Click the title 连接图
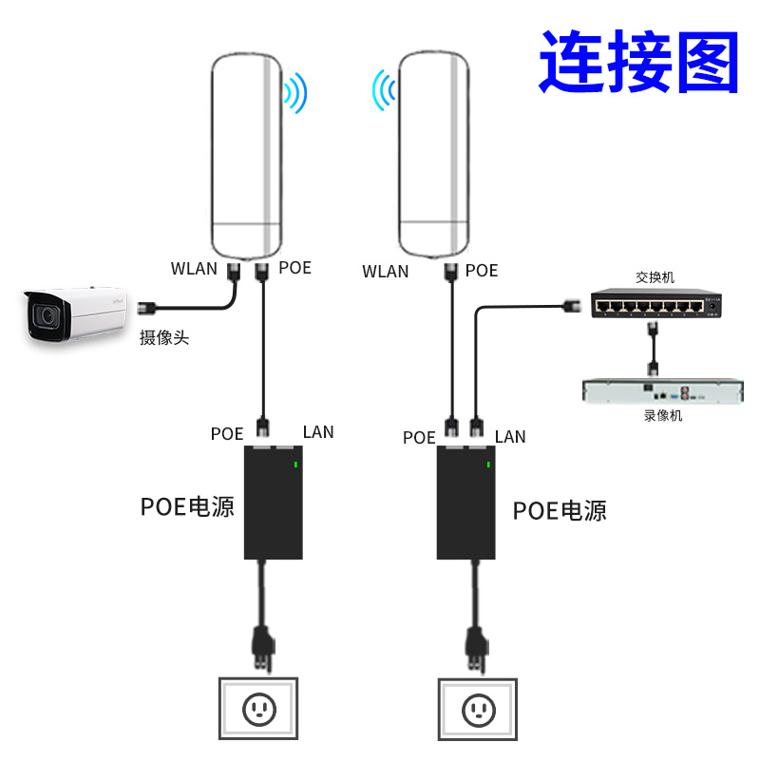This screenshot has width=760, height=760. (639, 61)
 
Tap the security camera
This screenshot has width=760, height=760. (75, 314)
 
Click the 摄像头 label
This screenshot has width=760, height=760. (164, 337)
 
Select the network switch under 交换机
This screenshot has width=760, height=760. (655, 304)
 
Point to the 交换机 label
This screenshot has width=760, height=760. (655, 277)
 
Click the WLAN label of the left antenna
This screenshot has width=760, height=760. (194, 268)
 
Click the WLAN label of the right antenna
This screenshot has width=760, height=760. (386, 272)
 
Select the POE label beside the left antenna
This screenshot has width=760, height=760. (294, 268)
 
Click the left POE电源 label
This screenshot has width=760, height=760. (187, 506)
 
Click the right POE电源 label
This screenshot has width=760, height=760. (560, 511)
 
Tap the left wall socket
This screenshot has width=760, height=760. (258, 708)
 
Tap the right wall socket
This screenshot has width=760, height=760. (477, 709)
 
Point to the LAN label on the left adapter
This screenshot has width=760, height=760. (318, 432)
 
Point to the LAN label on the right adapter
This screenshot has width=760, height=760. (510, 437)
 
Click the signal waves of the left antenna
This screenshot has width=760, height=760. (296, 93)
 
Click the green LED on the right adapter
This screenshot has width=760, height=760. (489, 465)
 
